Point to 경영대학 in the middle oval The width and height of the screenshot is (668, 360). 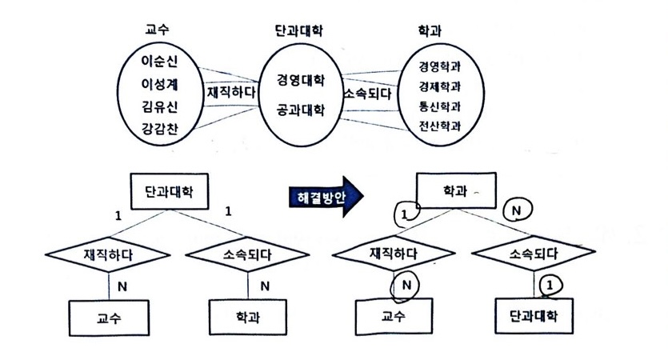[299, 81]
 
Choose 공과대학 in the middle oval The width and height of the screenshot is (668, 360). [299, 109]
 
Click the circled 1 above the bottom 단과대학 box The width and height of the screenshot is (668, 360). [549, 285]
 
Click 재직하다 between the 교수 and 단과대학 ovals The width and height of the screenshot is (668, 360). [231, 92]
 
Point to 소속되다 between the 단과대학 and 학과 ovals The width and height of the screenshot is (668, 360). [367, 94]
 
